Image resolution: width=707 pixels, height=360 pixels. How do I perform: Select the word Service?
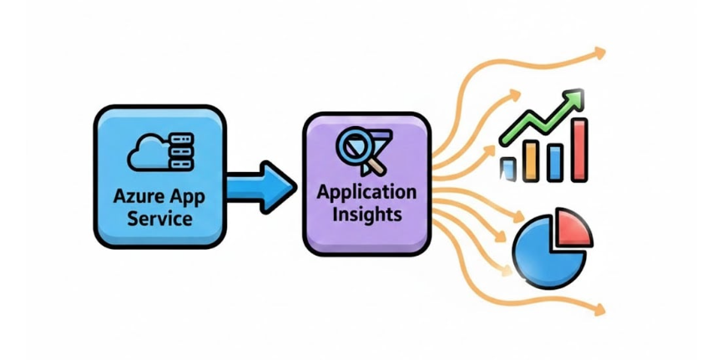(158, 221)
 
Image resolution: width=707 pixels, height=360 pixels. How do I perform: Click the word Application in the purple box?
(366, 193)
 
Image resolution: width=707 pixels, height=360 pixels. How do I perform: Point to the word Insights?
(366, 214)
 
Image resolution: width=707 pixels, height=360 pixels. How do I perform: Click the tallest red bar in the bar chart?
(579, 150)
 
